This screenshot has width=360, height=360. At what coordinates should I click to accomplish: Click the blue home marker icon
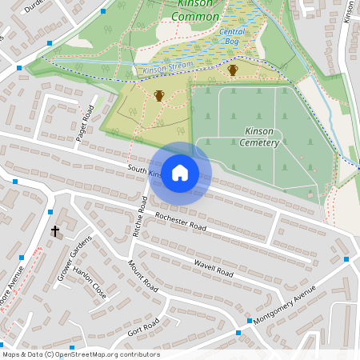point(180,172)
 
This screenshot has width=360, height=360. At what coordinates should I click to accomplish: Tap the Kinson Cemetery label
point(258,137)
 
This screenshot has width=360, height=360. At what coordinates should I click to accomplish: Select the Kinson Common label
point(195,10)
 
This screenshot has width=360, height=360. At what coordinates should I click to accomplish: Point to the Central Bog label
point(232,37)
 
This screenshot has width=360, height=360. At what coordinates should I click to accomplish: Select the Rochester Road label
point(181,222)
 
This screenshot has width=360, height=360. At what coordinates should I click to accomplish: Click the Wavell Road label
point(213,269)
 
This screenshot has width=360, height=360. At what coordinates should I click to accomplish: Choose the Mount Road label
point(142,274)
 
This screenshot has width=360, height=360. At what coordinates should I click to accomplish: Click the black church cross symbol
point(55,231)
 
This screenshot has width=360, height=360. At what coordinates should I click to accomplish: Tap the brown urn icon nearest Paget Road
point(158,96)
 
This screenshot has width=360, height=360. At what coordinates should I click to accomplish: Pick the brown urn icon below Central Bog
point(233,70)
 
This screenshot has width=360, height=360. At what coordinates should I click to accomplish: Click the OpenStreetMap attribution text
point(81,354)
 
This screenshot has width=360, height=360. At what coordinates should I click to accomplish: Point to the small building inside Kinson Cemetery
point(311,194)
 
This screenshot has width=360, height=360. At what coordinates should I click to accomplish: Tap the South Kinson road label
point(144,172)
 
